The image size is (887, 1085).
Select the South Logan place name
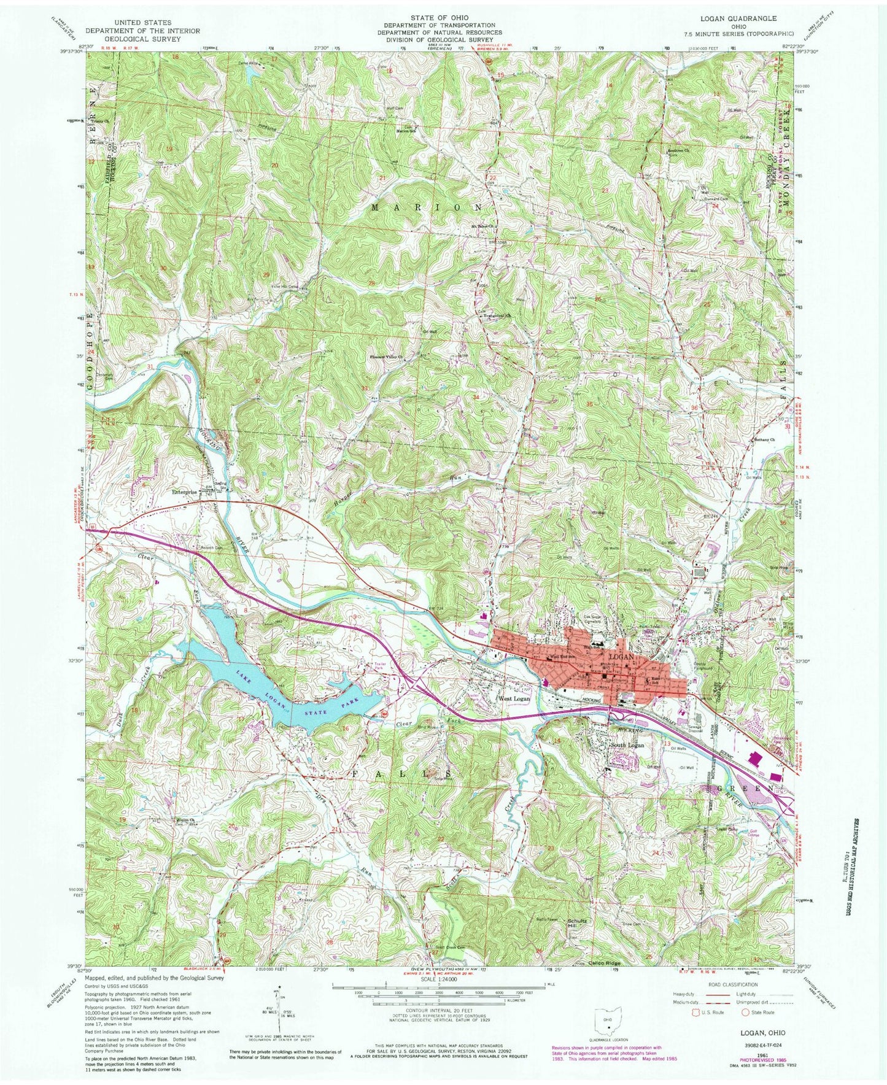(x=627, y=745)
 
